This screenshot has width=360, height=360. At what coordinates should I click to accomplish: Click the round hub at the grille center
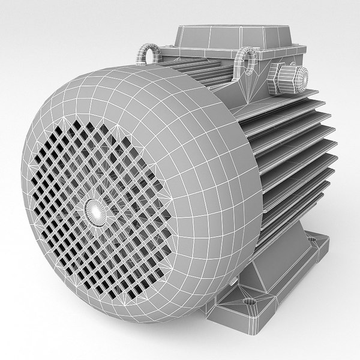click(x=96, y=209)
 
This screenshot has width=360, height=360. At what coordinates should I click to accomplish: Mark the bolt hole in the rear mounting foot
click(x=313, y=239)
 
